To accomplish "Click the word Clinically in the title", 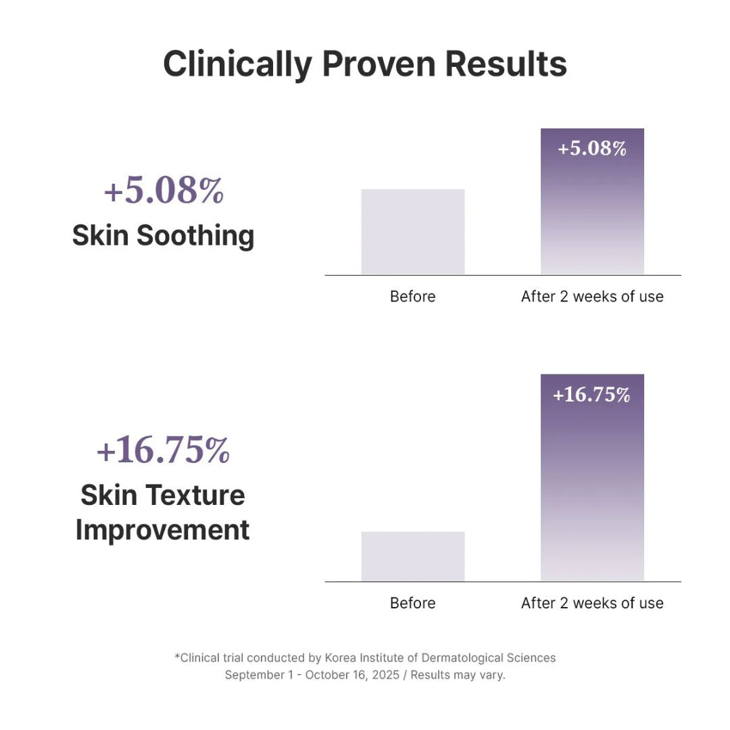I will (x=237, y=64).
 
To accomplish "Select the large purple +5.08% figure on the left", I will (x=164, y=191).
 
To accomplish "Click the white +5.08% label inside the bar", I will (x=592, y=148).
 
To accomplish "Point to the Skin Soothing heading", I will (x=164, y=235).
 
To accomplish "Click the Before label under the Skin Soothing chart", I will (x=413, y=296).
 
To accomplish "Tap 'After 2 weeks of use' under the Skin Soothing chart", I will (x=592, y=296).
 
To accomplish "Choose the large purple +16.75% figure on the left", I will (x=164, y=451).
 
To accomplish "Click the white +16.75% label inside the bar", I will (x=592, y=395).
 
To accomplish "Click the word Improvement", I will (x=163, y=529).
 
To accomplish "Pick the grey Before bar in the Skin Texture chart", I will (x=413, y=556).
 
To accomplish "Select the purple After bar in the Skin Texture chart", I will (x=592, y=487).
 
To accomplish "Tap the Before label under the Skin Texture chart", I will (x=413, y=603).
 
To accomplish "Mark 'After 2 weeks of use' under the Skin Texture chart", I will (x=592, y=603).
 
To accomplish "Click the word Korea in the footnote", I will (x=341, y=658).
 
